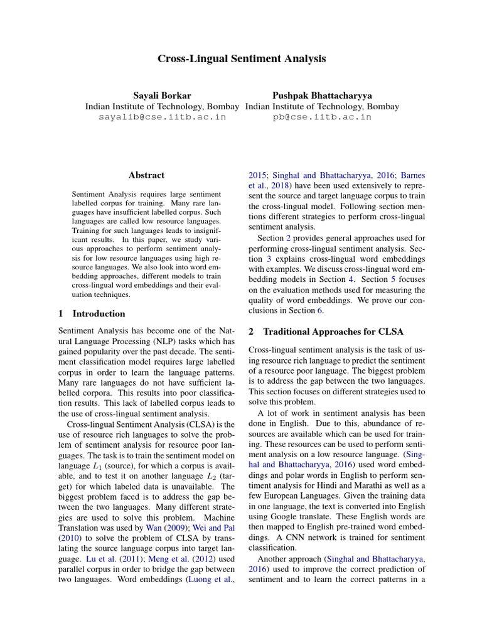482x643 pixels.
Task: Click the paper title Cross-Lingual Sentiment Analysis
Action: pyautogui.click(x=241, y=59)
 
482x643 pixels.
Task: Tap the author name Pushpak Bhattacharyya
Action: pyautogui.click(x=322, y=95)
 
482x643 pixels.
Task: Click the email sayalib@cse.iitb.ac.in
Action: pyautogui.click(x=162, y=117)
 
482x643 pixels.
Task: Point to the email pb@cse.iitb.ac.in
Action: pyautogui.click(x=322, y=117)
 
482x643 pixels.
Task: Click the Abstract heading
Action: pyautogui.click(x=146, y=175)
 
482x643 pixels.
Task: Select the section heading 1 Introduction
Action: pyautogui.click(x=92, y=313)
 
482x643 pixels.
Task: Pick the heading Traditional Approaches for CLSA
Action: pyautogui.click(x=333, y=331)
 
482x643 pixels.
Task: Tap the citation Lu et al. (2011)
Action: pyautogui.click(x=100, y=558)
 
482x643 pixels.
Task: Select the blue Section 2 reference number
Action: pyautogui.click(x=288, y=238)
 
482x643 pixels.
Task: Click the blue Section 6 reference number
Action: pyautogui.click(x=319, y=310)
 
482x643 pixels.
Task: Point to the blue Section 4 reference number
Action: pyautogui.click(x=352, y=279)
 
